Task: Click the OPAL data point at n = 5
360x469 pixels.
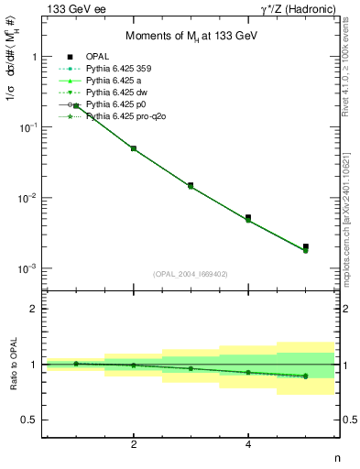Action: click(x=306, y=246)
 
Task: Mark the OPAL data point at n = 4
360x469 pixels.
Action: click(x=248, y=218)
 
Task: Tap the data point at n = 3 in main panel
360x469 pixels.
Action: click(x=191, y=185)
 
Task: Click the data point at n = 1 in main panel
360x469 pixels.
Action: click(x=76, y=106)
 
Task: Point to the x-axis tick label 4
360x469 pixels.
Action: click(x=248, y=444)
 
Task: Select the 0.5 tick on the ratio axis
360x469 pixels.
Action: click(x=35, y=420)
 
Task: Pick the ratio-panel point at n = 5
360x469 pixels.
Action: click(x=306, y=376)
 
